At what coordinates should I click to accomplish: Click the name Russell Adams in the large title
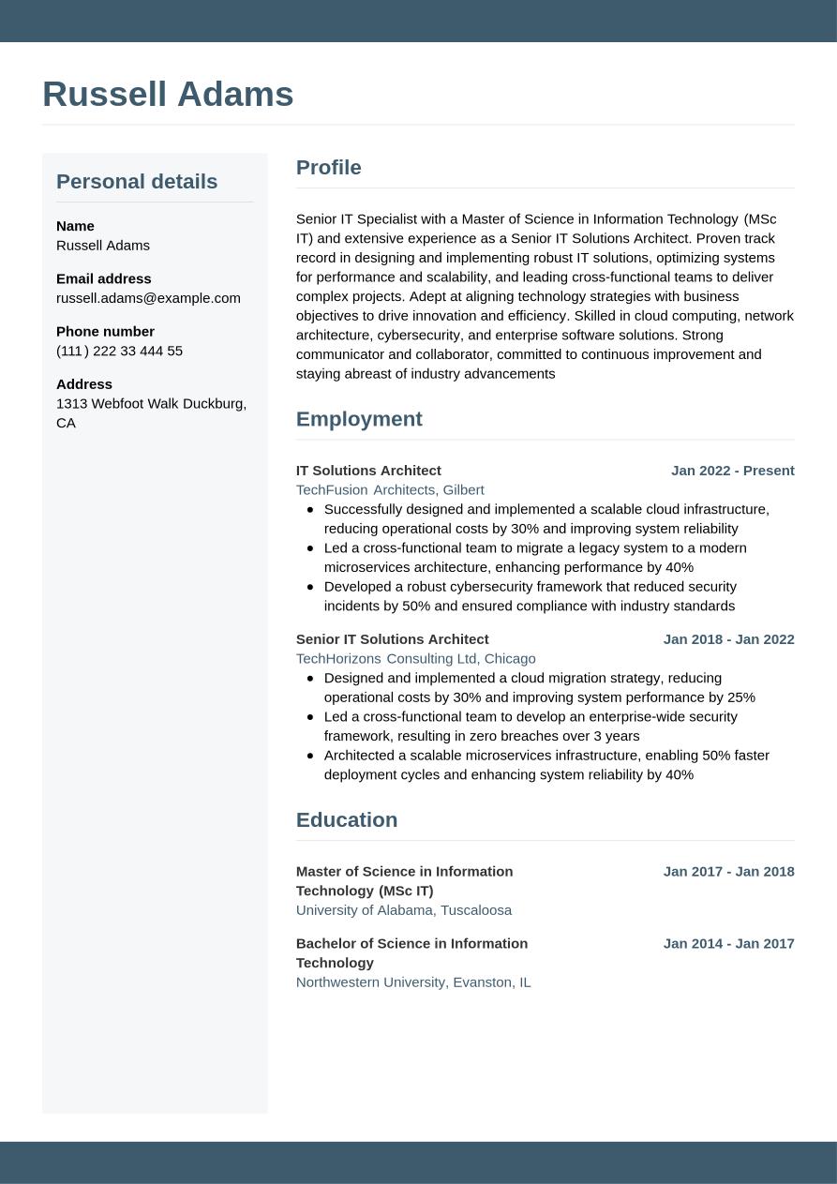[x=168, y=95]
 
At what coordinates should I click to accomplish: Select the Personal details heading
[x=137, y=181]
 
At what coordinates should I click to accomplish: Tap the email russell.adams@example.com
[x=148, y=298]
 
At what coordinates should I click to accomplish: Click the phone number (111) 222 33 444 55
[x=119, y=351]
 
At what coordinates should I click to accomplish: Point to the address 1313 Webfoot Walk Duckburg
[x=151, y=404]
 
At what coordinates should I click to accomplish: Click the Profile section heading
[x=328, y=168]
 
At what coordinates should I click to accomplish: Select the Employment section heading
[x=359, y=419]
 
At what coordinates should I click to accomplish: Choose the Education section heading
[x=347, y=820]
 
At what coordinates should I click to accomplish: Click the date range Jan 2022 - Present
[x=732, y=471]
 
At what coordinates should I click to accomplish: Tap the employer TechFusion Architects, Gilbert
[x=390, y=489]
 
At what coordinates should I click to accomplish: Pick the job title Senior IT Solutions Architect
[x=392, y=639]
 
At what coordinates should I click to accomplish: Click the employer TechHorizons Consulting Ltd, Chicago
[x=415, y=659]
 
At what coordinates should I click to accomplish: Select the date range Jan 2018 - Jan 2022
[x=728, y=639]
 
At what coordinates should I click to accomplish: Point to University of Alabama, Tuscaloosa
[x=403, y=910]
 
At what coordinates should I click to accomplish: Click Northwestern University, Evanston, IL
[x=413, y=982]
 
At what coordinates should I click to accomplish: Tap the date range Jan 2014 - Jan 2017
[x=728, y=944]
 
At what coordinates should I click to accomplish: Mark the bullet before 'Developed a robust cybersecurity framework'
[x=310, y=587]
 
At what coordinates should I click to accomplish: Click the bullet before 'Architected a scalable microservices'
[x=310, y=756]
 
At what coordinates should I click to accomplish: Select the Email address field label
[x=103, y=278]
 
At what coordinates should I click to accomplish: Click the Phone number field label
[x=105, y=331]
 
